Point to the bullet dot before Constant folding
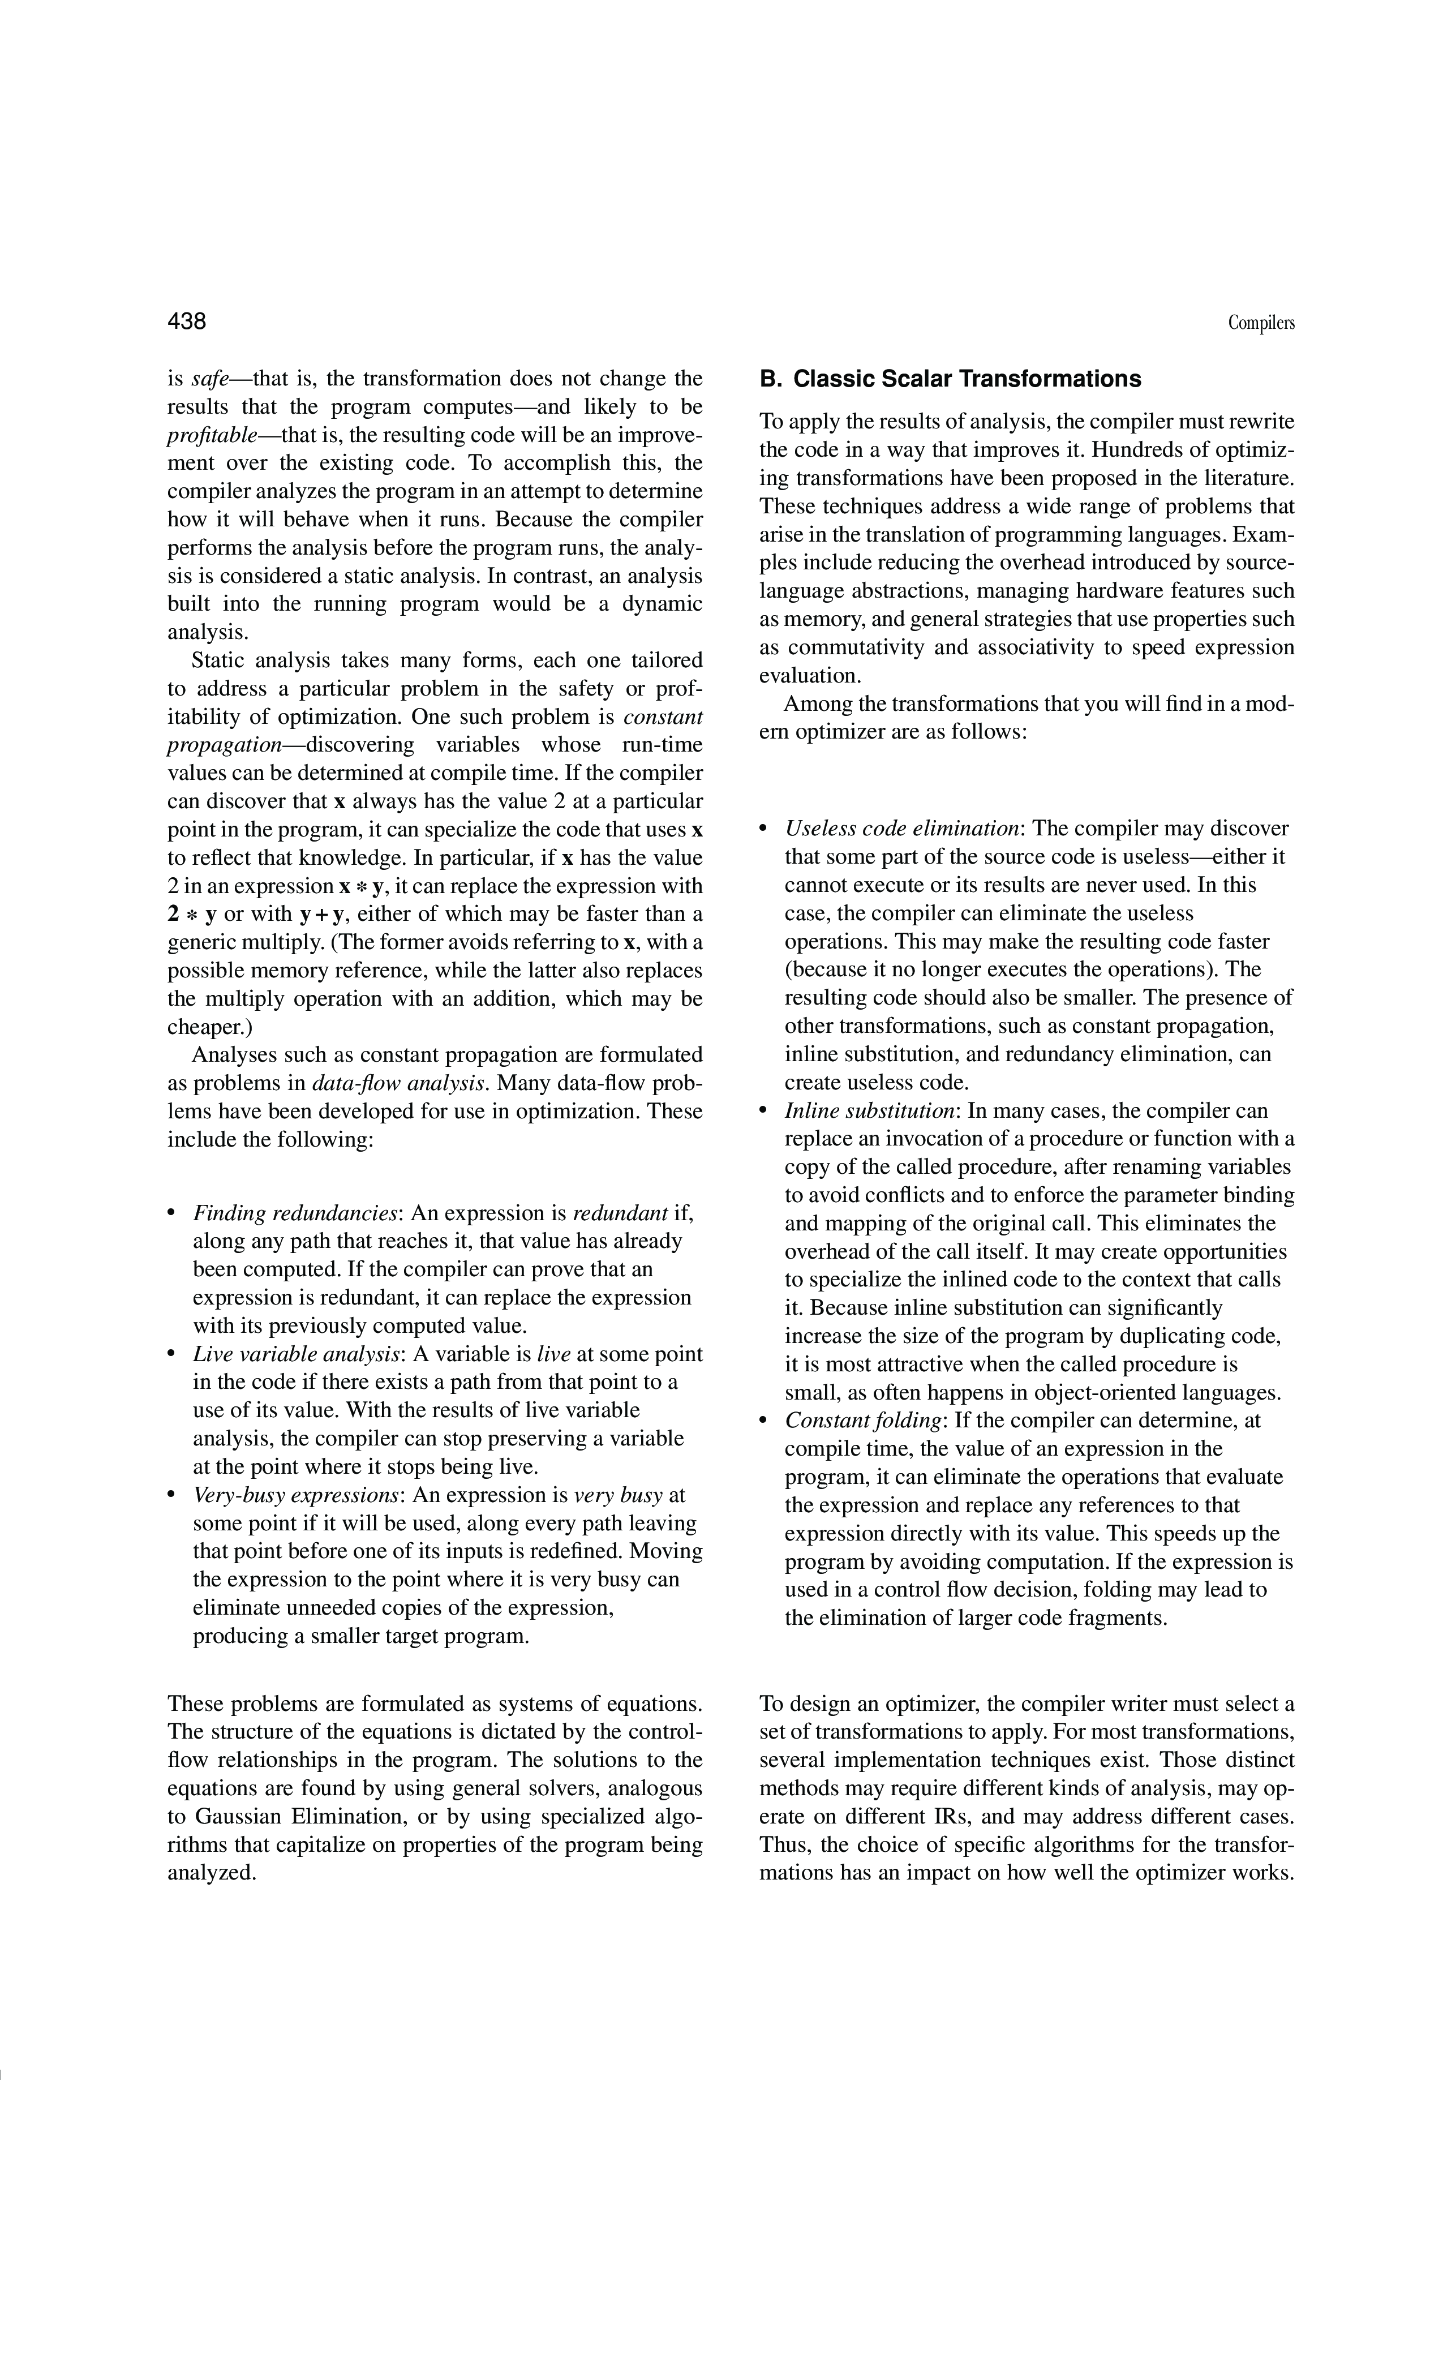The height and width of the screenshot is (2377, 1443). click(x=764, y=1421)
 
